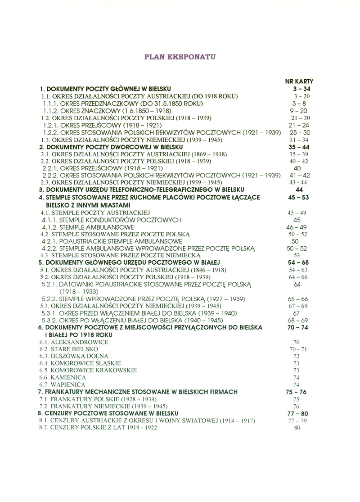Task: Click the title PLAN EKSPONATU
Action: [x=180, y=57]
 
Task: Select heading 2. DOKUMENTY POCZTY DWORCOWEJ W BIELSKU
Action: [x=111, y=147]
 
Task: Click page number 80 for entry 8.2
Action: [x=296, y=427]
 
